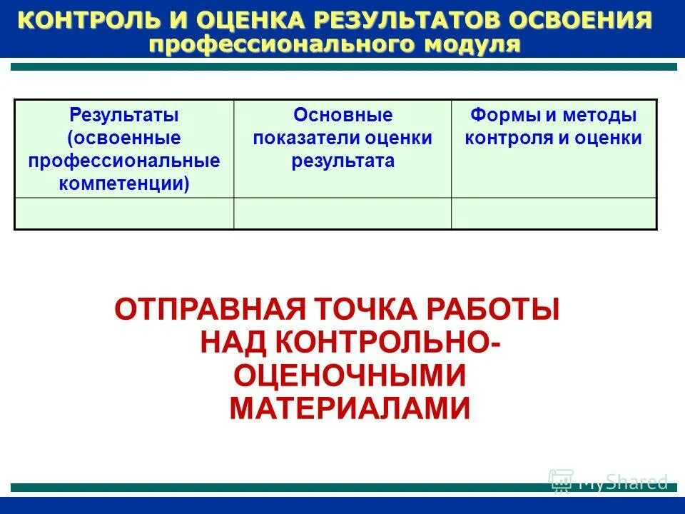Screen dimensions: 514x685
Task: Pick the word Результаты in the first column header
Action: (x=123, y=115)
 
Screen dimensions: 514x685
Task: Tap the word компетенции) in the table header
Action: (x=123, y=184)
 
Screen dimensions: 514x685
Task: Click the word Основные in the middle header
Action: (x=342, y=115)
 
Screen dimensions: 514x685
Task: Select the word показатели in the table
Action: (x=299, y=138)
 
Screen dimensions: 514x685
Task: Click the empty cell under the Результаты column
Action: (x=124, y=213)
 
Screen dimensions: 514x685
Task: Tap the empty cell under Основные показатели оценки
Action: (x=342, y=213)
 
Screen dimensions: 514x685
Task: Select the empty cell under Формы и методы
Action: (x=554, y=213)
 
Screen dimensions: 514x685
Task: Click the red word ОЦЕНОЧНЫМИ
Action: (x=350, y=376)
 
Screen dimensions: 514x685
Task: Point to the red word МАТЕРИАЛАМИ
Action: (x=350, y=408)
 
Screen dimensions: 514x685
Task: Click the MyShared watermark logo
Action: (x=609, y=482)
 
